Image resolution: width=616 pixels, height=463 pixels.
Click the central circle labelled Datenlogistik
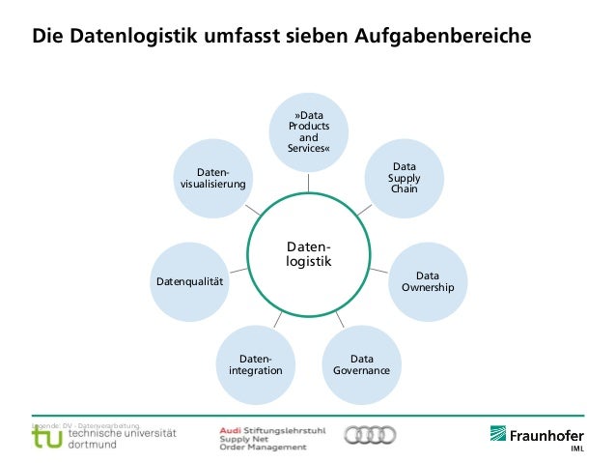(x=309, y=254)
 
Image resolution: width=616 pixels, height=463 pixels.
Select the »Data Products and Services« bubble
(x=309, y=132)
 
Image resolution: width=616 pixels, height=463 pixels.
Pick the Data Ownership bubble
(x=427, y=281)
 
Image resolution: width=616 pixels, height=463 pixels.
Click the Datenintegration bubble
(x=256, y=364)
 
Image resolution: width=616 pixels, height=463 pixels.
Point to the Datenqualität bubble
(x=190, y=280)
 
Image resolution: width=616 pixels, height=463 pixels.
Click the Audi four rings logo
(x=370, y=436)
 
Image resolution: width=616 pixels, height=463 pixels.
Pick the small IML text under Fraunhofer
(x=576, y=449)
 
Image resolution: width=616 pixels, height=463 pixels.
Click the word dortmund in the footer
(x=94, y=445)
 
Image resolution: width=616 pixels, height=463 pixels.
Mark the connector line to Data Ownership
(x=379, y=270)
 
